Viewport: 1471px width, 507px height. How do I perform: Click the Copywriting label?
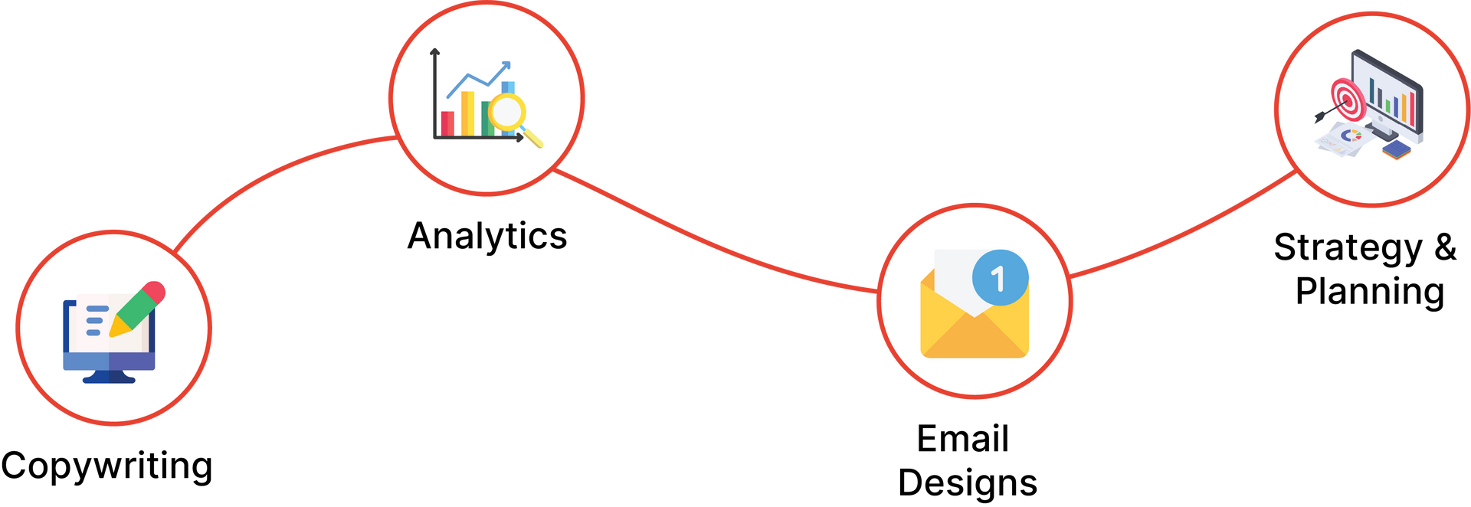coord(106,466)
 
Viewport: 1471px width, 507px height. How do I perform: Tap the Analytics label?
coord(487,236)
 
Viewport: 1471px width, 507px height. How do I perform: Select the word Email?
coord(963,439)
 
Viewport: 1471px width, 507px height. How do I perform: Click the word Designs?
coord(968,483)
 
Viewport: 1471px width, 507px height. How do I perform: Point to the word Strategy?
coord(1348,248)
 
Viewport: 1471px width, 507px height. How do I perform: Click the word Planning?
coord(1370,292)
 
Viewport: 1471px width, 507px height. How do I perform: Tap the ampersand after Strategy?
coord(1445,247)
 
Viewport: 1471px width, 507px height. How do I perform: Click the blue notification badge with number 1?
coord(1000,277)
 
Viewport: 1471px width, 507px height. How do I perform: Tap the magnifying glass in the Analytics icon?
coord(514,118)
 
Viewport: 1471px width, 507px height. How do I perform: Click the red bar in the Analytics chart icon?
coord(447,123)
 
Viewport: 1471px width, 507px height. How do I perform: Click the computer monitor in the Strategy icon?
coord(1387,96)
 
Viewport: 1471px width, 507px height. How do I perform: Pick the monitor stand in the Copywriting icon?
coord(109,376)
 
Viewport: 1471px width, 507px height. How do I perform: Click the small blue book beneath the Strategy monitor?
coord(1396,150)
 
